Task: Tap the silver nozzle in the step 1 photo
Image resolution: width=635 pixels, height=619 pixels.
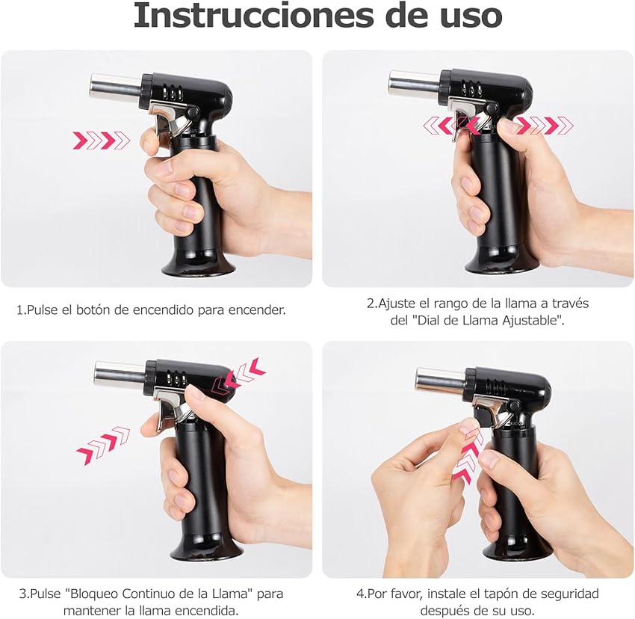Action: [x=115, y=87]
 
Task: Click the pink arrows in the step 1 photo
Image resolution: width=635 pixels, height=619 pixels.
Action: [x=101, y=140]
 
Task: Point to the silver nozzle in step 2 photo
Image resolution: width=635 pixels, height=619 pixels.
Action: [x=414, y=83]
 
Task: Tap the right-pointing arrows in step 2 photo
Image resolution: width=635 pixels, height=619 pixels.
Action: [x=545, y=126]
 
